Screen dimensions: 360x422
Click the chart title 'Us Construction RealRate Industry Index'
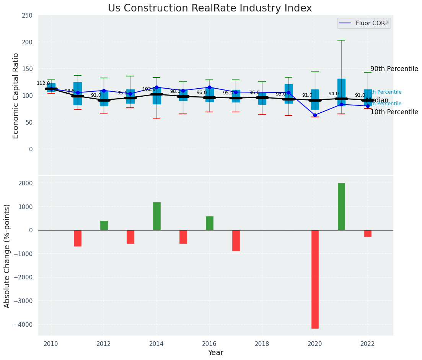click(210, 8)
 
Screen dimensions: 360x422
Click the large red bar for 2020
click(315, 279)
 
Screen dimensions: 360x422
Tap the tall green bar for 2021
click(341, 206)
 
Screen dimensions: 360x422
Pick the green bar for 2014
click(156, 216)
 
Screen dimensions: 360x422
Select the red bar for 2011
click(78, 238)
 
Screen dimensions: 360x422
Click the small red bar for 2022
click(368, 234)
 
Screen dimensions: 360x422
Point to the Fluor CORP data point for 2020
click(315, 115)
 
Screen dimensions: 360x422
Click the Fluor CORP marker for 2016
click(209, 88)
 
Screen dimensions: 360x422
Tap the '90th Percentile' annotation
click(394, 69)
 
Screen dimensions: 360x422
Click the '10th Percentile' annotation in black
click(394, 112)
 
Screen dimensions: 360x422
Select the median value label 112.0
click(43, 83)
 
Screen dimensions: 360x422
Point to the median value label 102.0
click(149, 89)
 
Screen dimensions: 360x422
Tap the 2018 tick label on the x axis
click(262, 344)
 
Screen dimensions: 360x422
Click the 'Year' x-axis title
click(216, 353)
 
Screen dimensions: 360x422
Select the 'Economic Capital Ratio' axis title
click(16, 96)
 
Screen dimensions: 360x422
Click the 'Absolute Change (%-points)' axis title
click(7, 256)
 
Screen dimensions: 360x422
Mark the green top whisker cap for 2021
click(341, 40)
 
